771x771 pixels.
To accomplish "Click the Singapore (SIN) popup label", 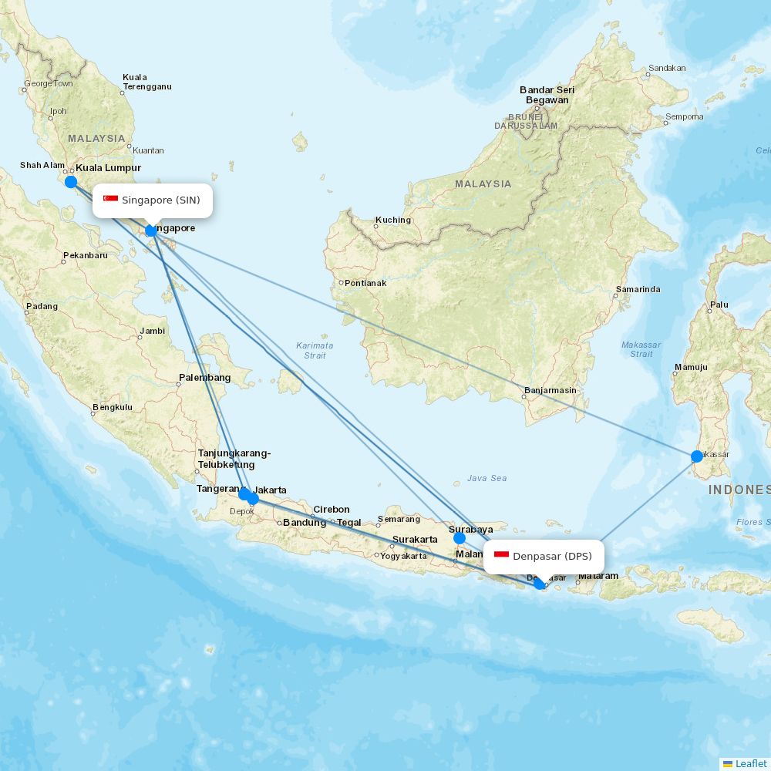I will tap(153, 200).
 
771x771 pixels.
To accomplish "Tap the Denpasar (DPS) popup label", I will tap(544, 556).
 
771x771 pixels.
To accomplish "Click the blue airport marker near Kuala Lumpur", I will tap(71, 182).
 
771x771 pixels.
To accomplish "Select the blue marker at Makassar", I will tap(697, 456).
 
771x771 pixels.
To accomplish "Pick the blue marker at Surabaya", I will tap(460, 538).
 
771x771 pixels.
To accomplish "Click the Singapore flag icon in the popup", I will tap(111, 200).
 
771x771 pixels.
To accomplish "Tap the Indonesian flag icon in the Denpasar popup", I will tap(502, 556).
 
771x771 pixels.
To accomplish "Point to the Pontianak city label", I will tap(365, 283).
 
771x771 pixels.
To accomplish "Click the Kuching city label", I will tap(393, 220).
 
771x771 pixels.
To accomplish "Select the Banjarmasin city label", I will tap(550, 390).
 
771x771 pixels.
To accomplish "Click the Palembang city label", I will tap(204, 378).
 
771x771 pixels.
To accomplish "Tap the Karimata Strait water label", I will tap(315, 350).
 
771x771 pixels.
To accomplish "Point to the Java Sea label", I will tap(487, 478).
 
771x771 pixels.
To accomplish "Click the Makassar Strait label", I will tap(641, 349).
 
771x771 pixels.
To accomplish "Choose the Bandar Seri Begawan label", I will tap(547, 95).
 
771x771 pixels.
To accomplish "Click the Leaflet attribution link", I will tap(750, 763).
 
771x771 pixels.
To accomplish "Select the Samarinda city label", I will tap(638, 290).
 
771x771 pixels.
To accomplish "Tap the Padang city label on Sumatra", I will tap(42, 306).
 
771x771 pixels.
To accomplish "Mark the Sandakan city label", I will tap(667, 68).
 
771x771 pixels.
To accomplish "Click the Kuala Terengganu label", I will tap(146, 82).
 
